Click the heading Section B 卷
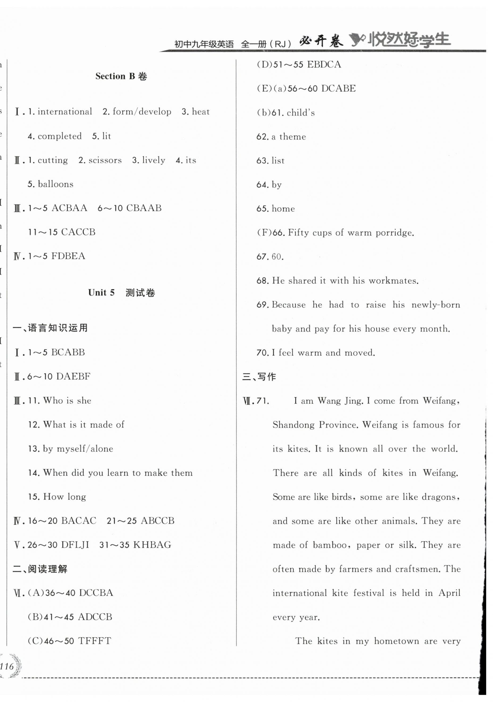click(x=121, y=76)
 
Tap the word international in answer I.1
click(x=65, y=111)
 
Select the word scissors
click(x=105, y=160)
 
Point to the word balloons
click(x=55, y=184)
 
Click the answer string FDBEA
click(x=68, y=256)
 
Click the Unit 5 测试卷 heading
click(x=121, y=293)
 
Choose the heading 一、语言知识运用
click(x=50, y=328)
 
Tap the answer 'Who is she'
click(x=67, y=401)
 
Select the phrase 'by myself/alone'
click(x=78, y=449)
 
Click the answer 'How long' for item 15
click(x=65, y=497)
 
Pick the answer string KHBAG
click(x=152, y=545)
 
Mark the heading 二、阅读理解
click(x=40, y=569)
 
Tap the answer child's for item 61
click(x=301, y=113)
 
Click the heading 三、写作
click(x=259, y=377)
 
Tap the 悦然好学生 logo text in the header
click(x=409, y=40)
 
